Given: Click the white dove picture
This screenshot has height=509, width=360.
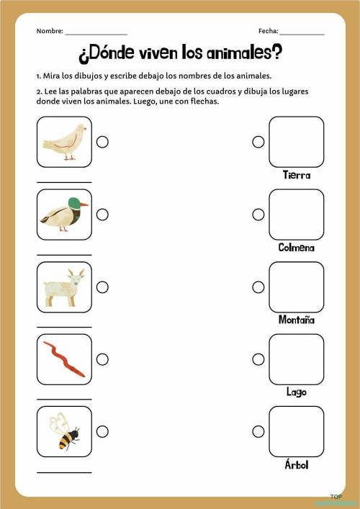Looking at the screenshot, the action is [64, 142].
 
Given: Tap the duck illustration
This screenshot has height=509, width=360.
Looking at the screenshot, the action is [64, 215].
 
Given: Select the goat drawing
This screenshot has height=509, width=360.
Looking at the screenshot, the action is [64, 287].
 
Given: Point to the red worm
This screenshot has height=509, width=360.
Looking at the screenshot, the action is [64, 359].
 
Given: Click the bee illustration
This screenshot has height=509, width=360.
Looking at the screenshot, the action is [64, 431].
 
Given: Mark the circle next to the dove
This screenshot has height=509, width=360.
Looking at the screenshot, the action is [102, 142].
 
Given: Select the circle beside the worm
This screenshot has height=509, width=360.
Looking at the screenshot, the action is [102, 359].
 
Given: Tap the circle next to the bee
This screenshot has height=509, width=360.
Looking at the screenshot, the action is [102, 431].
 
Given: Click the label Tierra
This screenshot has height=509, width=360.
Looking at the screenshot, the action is [297, 175].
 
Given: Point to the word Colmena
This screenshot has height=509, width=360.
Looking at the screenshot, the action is [297, 248].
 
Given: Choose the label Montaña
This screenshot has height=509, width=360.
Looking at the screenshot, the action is [297, 320].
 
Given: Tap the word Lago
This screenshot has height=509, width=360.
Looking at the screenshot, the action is [297, 392].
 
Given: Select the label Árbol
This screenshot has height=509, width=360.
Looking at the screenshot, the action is [297, 465].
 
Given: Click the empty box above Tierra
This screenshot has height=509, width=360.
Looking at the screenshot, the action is [297, 142].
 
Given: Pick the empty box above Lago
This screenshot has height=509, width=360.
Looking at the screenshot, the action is [297, 359].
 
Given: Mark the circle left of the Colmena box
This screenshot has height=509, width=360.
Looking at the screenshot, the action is [258, 215].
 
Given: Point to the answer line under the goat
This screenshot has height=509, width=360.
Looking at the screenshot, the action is [64, 327].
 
